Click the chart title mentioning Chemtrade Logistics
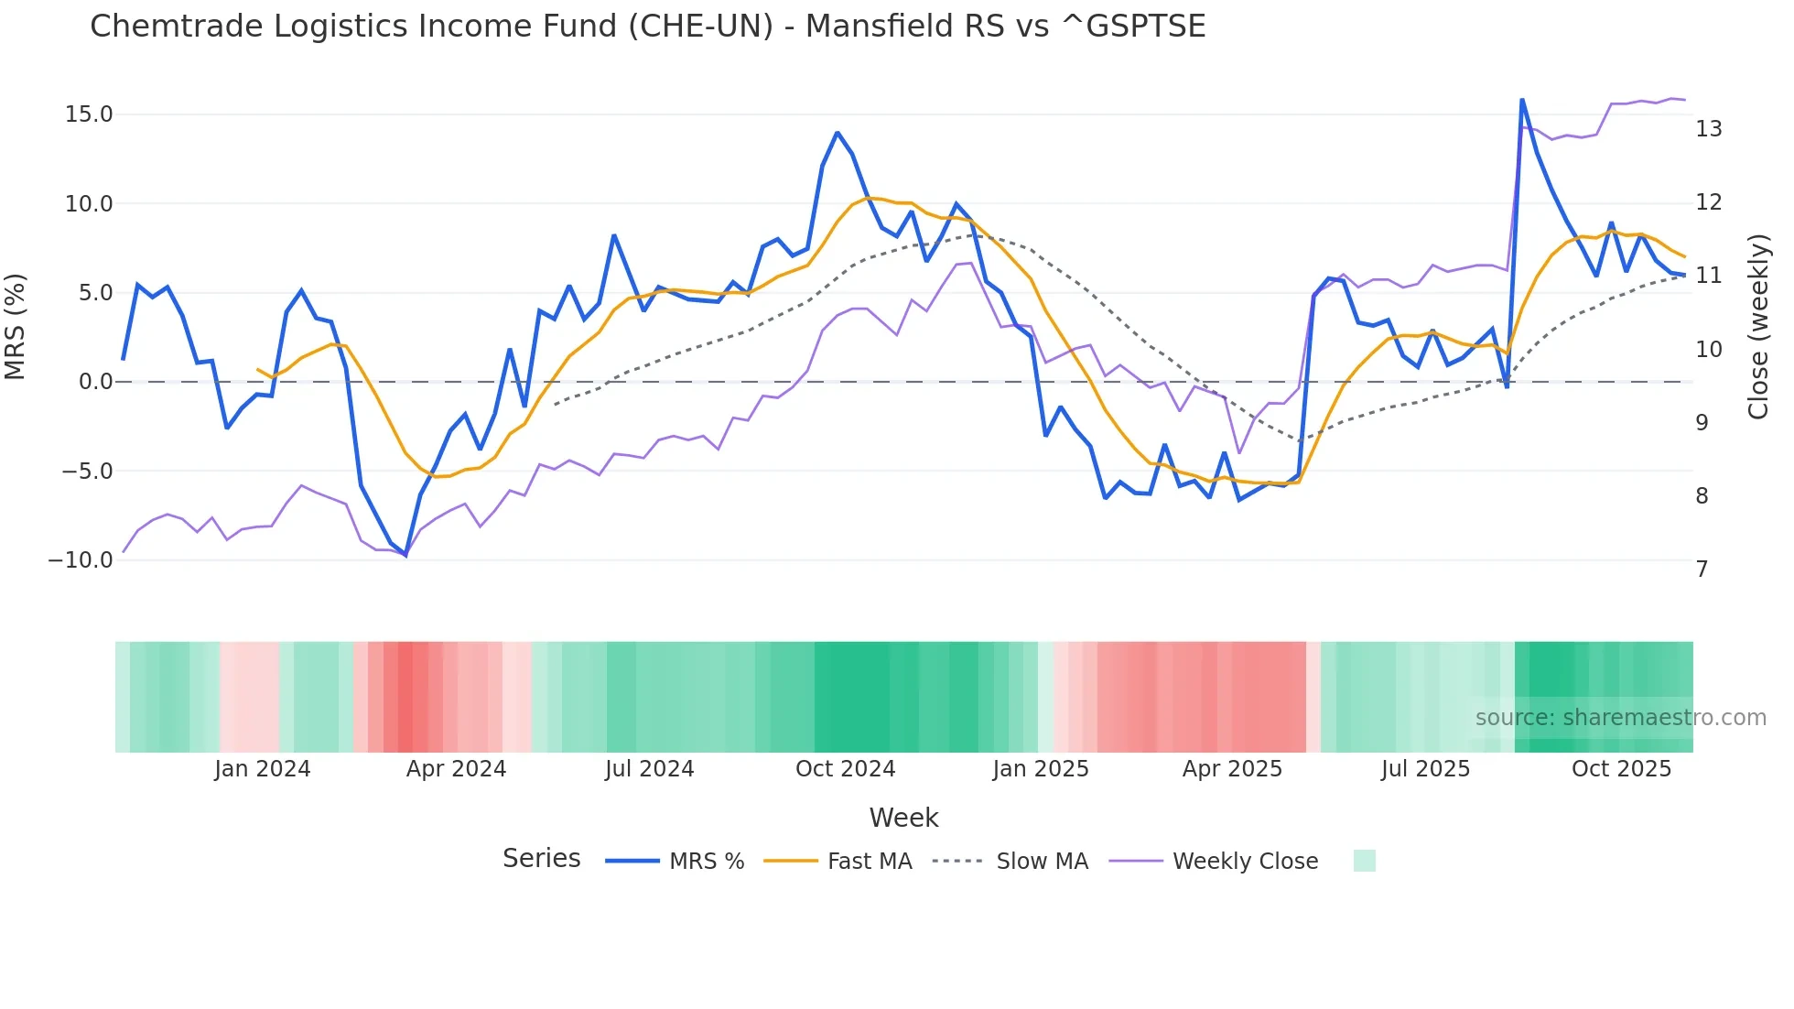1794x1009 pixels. click(647, 26)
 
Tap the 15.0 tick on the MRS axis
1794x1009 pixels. click(89, 114)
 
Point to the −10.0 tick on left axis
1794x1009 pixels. click(81, 560)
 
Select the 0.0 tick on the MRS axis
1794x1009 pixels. click(96, 382)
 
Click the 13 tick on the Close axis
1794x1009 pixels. click(1708, 129)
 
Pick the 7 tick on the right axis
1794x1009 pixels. click(1702, 570)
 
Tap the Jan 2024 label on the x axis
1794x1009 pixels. click(263, 769)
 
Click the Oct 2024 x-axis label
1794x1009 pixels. click(845, 769)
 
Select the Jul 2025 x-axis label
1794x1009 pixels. click(1425, 769)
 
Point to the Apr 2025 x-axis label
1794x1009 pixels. click(1232, 769)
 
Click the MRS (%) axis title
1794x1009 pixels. click(16, 326)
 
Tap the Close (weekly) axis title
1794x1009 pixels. click(1758, 327)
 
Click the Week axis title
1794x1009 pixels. click(903, 818)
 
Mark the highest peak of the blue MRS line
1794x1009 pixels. click(1521, 100)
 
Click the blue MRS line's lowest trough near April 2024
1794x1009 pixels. click(405, 555)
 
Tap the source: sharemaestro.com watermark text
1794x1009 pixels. click(1620, 718)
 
